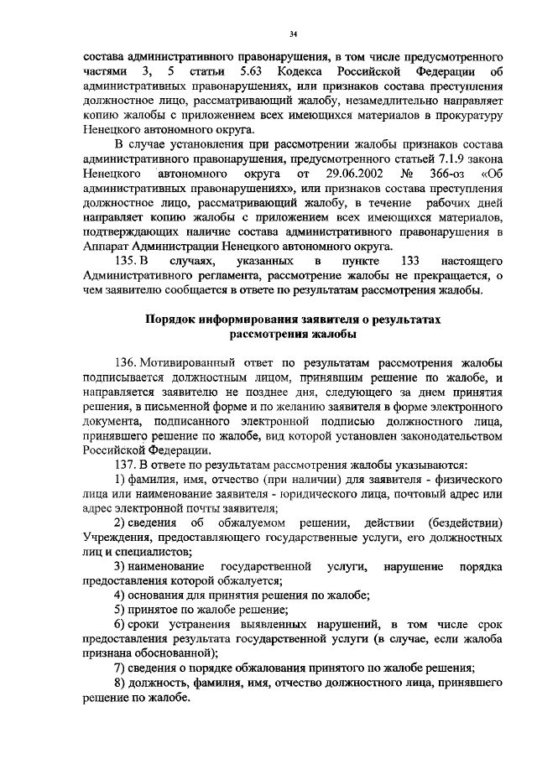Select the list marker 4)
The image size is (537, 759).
coord(120,595)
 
